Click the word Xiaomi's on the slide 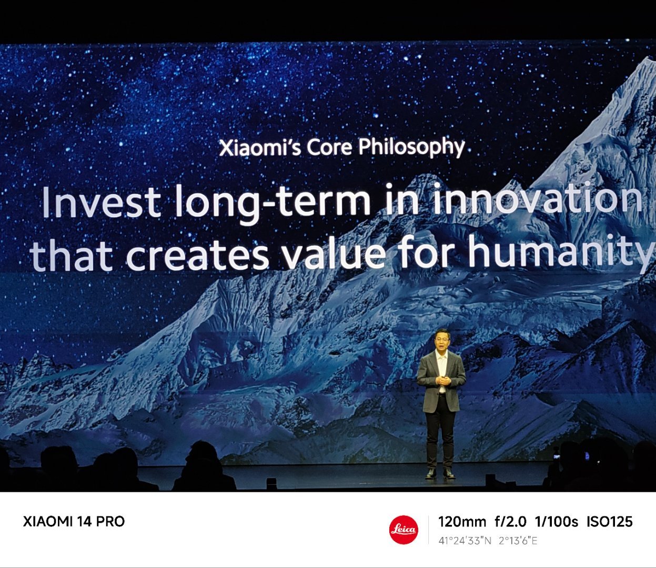[x=259, y=148]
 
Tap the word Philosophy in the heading [x=411, y=147]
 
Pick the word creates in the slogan [x=198, y=256]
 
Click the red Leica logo [x=403, y=530]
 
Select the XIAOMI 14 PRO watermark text [x=74, y=522]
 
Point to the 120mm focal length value [x=462, y=522]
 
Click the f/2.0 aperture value [x=510, y=522]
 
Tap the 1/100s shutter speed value [x=557, y=522]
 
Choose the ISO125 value [x=610, y=522]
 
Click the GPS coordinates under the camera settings [x=488, y=541]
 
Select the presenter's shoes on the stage [x=440, y=473]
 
